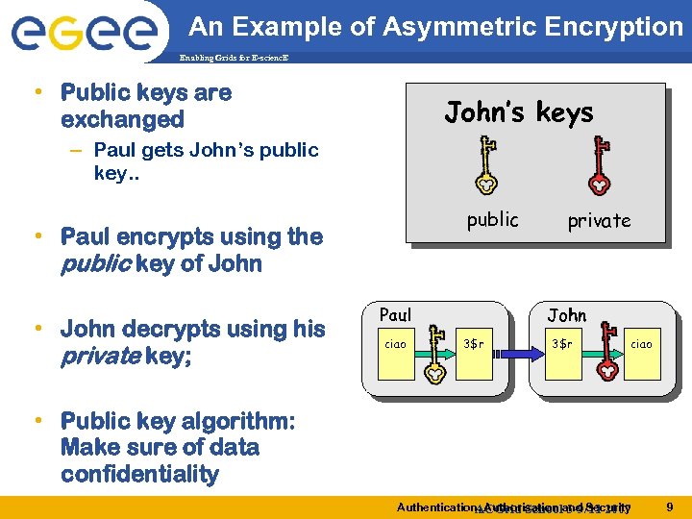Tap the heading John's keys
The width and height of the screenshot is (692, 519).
(x=518, y=113)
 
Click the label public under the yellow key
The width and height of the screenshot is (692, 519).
(x=492, y=219)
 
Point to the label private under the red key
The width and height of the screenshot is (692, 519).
(x=599, y=220)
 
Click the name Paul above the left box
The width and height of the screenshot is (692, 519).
(x=395, y=314)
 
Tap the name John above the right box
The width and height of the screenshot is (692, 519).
(x=566, y=314)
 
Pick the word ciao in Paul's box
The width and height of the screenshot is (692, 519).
(x=395, y=343)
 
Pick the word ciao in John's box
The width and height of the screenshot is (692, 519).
(x=641, y=343)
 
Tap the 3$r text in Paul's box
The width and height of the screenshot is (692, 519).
(x=474, y=343)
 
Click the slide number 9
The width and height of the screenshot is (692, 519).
(x=669, y=506)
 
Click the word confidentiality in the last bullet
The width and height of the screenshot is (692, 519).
(x=139, y=474)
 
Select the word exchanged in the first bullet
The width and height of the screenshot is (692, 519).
(x=122, y=119)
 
